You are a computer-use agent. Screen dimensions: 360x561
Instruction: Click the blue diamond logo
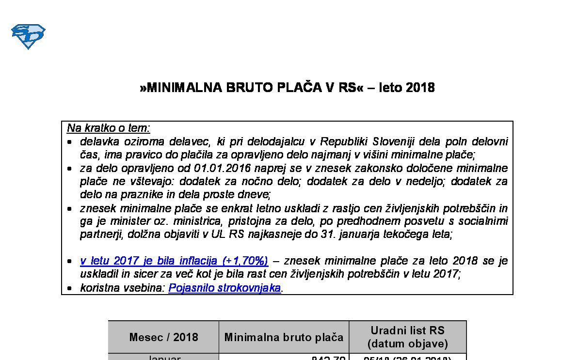[28, 37]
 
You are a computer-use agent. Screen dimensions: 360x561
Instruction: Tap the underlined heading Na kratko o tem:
[108, 128]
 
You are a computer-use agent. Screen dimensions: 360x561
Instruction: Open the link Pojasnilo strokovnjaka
[224, 288]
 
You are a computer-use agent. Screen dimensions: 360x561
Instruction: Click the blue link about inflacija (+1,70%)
[174, 261]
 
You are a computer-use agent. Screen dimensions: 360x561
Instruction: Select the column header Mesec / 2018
[163, 337]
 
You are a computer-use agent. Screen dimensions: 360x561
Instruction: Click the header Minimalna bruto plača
[284, 337]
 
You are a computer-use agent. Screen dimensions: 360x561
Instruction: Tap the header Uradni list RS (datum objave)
[407, 337]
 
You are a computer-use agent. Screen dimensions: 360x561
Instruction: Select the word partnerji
[100, 235]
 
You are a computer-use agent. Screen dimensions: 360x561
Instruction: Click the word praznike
[137, 195]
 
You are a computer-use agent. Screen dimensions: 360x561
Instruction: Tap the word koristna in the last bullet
[99, 288]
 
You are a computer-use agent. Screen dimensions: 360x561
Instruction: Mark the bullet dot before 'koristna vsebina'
[70, 288]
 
